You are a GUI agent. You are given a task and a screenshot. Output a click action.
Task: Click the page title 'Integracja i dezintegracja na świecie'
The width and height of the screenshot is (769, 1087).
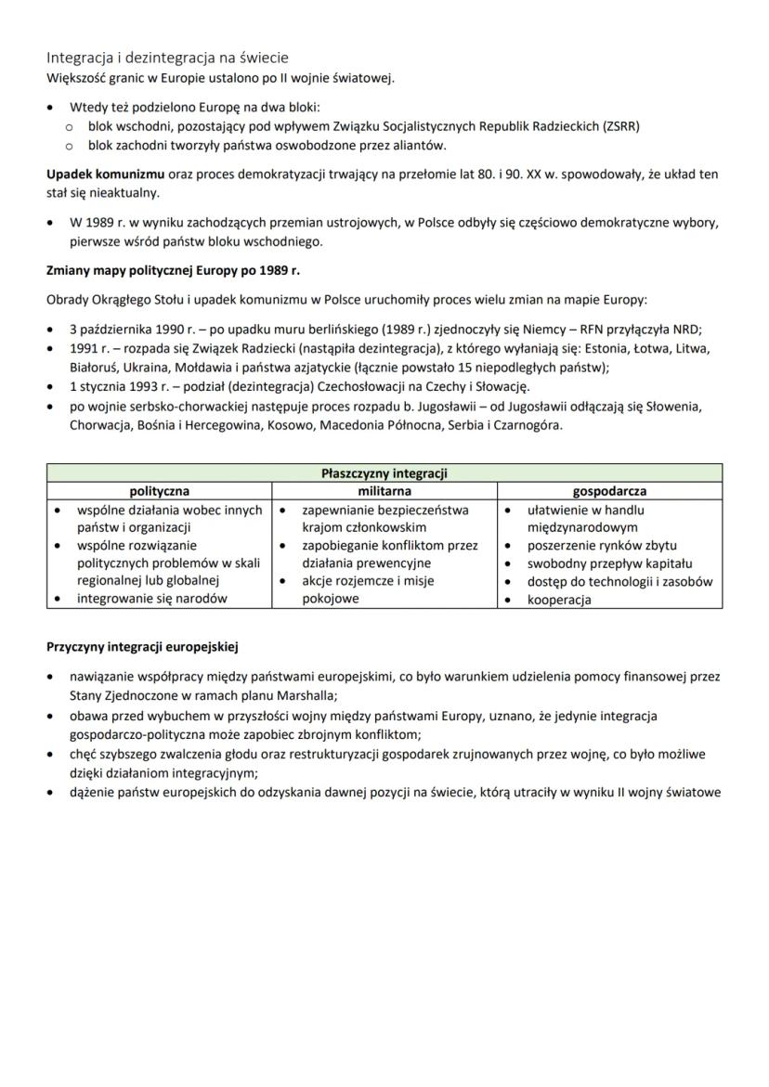pos(168,58)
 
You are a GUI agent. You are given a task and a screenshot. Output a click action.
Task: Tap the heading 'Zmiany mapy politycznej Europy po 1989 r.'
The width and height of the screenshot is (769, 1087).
pos(173,271)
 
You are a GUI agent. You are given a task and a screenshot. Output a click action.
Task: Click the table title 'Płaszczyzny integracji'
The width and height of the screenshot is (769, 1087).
pos(384,473)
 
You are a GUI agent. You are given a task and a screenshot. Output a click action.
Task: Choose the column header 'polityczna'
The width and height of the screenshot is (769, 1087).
pos(160,491)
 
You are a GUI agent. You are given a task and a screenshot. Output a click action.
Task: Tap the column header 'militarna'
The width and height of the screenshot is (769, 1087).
pos(384,491)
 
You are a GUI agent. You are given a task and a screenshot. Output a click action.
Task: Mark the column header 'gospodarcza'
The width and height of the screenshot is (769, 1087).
pos(610,491)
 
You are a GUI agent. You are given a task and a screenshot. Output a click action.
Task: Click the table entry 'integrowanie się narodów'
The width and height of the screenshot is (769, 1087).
pos(151,599)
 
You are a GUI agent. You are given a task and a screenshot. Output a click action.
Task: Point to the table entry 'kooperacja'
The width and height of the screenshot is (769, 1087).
pos(559,600)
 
